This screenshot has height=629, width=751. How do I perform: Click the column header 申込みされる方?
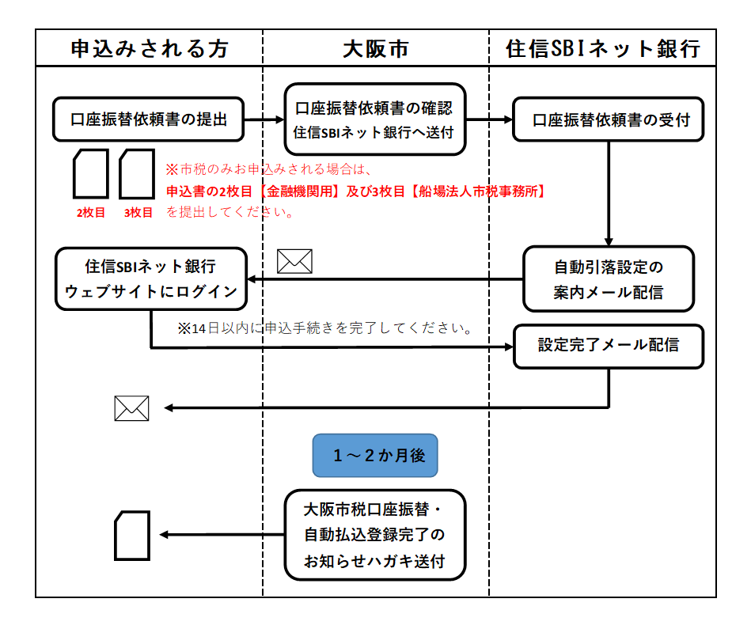(150, 49)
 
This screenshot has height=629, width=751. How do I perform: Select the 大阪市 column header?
(375, 49)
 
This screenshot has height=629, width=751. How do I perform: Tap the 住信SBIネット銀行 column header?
(603, 49)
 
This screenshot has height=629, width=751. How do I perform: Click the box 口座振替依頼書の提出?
(148, 119)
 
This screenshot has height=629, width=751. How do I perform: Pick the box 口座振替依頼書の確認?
(374, 119)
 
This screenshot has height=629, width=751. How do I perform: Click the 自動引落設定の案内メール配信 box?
(608, 279)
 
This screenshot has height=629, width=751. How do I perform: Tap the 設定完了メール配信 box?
(608, 346)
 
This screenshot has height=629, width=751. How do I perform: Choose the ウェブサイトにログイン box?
(150, 279)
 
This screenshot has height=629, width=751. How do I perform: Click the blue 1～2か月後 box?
(374, 455)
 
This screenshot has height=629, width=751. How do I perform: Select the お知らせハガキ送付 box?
(374, 534)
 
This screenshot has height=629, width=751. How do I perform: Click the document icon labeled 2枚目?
(90, 174)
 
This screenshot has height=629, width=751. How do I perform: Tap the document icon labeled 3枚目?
(136, 174)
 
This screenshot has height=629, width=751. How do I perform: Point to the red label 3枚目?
(137, 212)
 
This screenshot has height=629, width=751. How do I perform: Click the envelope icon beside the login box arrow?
(294, 261)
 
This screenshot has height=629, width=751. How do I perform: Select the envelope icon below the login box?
(131, 408)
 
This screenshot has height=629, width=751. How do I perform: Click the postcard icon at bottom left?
(132, 535)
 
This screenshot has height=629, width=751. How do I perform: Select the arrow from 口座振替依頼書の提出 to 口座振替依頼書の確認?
(263, 119)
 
